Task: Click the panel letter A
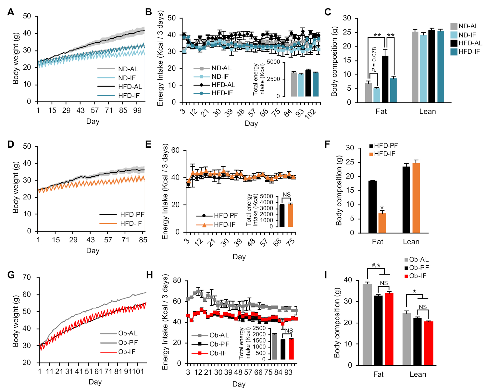(x=11, y=12)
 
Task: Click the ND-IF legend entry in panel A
(x=127, y=78)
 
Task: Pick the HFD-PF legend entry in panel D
(x=132, y=214)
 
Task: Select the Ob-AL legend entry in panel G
(x=128, y=333)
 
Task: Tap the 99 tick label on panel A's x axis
(x=137, y=111)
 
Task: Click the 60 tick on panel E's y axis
(x=175, y=150)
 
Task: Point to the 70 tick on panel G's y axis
(x=27, y=277)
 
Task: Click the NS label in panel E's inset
(x=286, y=195)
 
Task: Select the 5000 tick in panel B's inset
(x=273, y=62)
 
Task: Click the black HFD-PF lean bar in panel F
(x=406, y=200)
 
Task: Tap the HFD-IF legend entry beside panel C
(x=469, y=51)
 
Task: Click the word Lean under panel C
(x=428, y=112)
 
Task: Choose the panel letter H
(x=149, y=275)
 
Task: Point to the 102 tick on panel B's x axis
(x=311, y=114)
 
